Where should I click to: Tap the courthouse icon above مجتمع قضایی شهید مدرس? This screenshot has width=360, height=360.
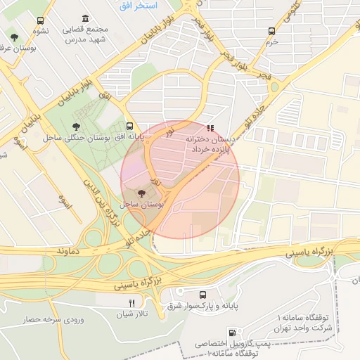(x=85, y=18)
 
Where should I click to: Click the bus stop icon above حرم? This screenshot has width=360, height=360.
(x=272, y=31)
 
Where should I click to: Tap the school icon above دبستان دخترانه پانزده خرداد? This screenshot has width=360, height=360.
(x=210, y=128)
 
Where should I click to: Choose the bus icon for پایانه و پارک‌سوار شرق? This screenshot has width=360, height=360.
(x=203, y=295)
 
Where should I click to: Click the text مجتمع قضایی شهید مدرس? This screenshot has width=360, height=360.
(x=86, y=34)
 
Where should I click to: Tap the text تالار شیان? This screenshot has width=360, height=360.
(x=131, y=314)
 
